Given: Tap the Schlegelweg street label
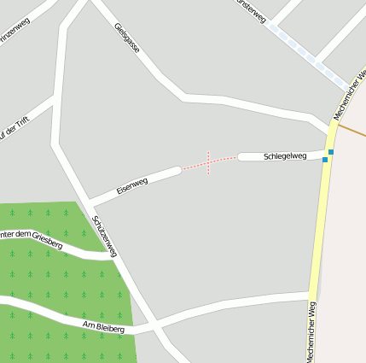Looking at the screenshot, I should click(x=285, y=155).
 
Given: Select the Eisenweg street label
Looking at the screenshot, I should click(x=132, y=185).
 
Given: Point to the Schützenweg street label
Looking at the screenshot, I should click(x=104, y=236).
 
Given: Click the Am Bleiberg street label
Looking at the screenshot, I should click(x=104, y=327).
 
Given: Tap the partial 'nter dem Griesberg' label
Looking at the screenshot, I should click(x=31, y=238).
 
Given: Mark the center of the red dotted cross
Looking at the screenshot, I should click(x=208, y=162).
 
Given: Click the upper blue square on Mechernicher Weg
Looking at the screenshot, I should click(x=330, y=152).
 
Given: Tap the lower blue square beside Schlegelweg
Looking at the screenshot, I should click(x=325, y=160).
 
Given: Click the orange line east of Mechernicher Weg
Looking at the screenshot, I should click(x=352, y=130).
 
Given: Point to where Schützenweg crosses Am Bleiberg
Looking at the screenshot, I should click(x=151, y=325).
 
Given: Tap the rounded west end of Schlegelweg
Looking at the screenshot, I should click(x=241, y=156).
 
